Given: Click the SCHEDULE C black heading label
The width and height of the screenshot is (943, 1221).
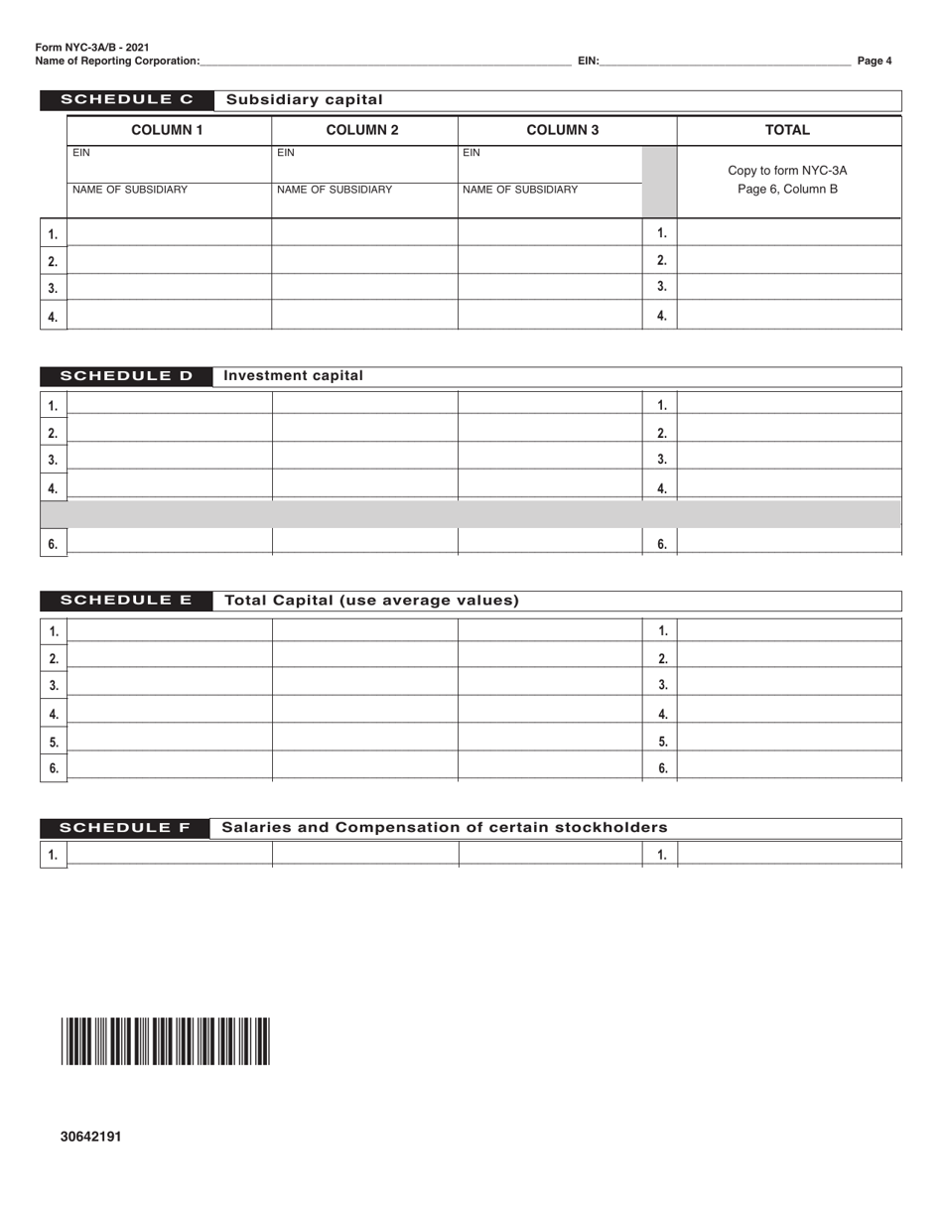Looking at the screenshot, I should [x=126, y=99].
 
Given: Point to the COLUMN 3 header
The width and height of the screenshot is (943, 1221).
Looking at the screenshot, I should [x=562, y=130].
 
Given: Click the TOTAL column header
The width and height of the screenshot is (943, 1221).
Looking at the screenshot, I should [x=787, y=130].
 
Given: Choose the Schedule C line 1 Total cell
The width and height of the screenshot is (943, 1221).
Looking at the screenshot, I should [x=789, y=233].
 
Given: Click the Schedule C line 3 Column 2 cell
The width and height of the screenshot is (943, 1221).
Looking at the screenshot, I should [x=364, y=288].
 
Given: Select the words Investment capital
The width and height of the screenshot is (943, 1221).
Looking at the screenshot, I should [x=294, y=376].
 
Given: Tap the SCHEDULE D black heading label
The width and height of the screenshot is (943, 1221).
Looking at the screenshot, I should [x=126, y=376].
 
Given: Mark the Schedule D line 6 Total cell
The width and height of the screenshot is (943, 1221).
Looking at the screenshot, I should [x=789, y=542].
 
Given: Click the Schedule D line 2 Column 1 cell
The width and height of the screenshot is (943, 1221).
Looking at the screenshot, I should [x=169, y=432].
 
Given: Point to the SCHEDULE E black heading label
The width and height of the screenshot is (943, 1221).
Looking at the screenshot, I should [x=126, y=601].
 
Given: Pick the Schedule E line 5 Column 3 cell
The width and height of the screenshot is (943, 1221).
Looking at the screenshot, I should [x=550, y=740].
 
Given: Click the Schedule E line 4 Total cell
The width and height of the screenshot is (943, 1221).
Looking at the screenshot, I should [x=789, y=712].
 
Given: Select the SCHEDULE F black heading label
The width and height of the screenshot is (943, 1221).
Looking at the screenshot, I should [x=125, y=828].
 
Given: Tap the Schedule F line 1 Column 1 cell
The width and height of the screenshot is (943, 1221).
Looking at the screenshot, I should [x=169, y=854].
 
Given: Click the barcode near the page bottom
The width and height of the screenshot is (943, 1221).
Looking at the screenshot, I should [x=165, y=1041].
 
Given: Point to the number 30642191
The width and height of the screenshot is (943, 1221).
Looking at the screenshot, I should [x=90, y=1137].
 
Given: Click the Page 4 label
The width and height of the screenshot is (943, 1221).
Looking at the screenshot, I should [x=875, y=61].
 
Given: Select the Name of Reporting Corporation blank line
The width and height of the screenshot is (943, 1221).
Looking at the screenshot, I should [x=385, y=62].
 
